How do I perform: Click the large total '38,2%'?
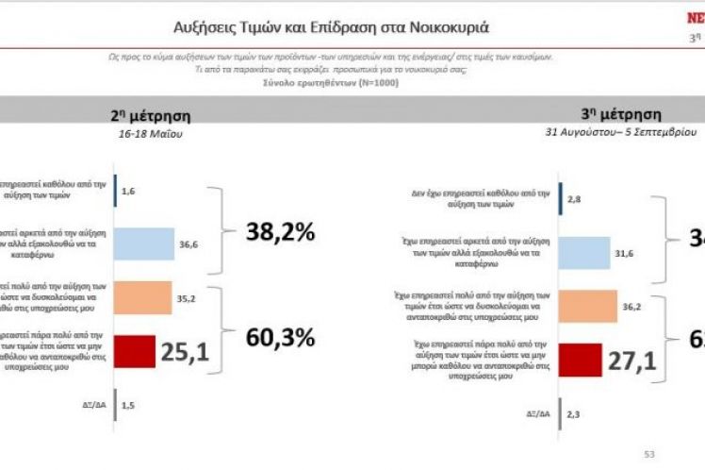click(280, 231)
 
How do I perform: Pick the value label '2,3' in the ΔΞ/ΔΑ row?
click(577, 412)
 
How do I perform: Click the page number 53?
click(648, 454)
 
